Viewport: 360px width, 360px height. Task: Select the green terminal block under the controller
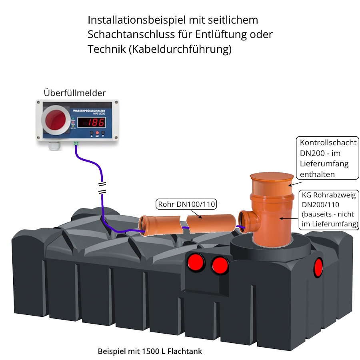click(76, 142)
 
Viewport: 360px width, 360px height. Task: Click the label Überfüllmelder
click(74, 93)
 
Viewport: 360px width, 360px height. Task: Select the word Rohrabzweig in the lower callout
click(334, 196)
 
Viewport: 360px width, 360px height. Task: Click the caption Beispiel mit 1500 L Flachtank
click(150, 352)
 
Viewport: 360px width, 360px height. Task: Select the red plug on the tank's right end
click(318, 268)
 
